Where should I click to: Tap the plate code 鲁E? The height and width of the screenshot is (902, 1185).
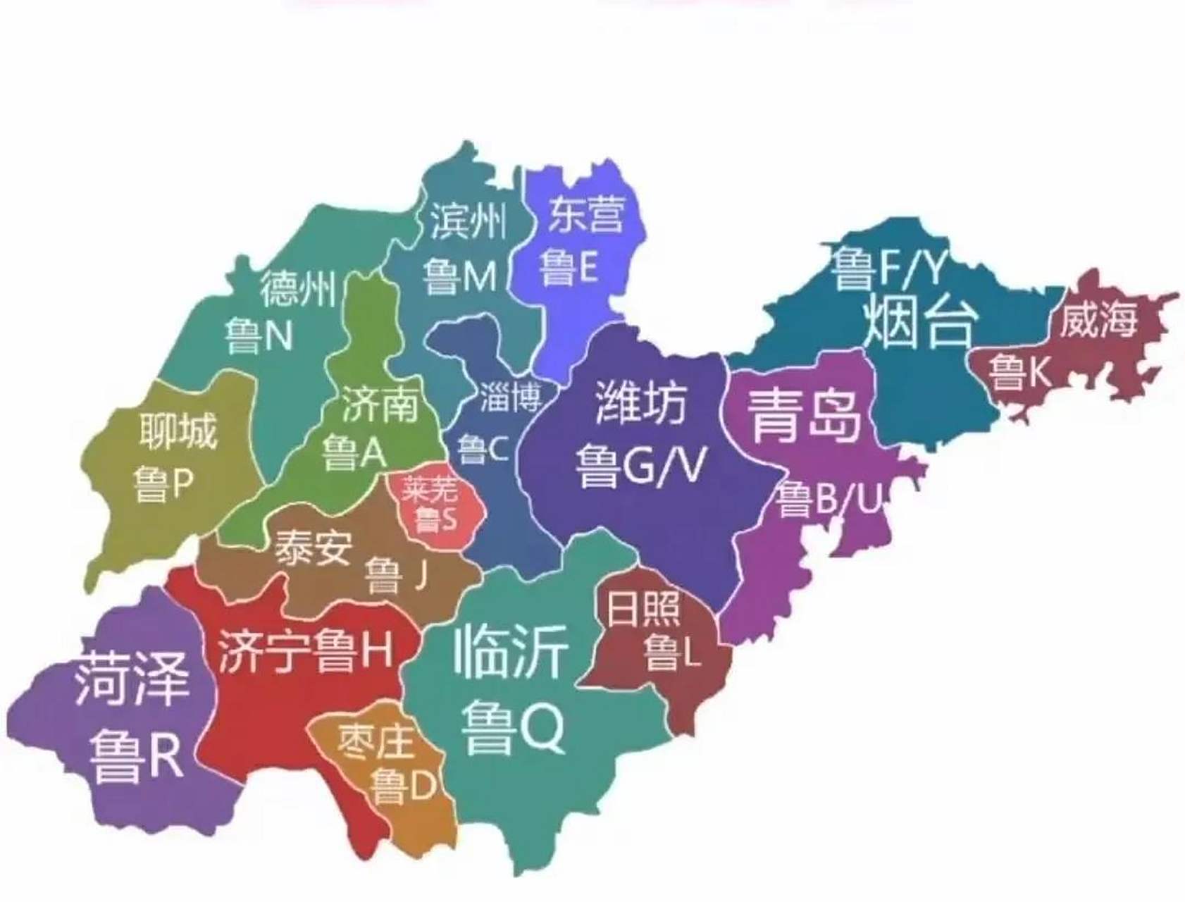pyautogui.click(x=569, y=268)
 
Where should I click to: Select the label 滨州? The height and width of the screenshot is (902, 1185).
pyautogui.click(x=468, y=221)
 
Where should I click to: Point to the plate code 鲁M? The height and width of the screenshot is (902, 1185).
pyautogui.click(x=460, y=276)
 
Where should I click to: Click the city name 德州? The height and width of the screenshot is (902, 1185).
pyautogui.click(x=298, y=288)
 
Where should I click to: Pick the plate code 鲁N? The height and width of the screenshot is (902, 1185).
pyautogui.click(x=259, y=337)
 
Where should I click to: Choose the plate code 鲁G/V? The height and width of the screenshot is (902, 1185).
pyautogui.click(x=639, y=466)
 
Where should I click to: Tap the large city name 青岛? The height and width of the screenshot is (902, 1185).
pyautogui.click(x=804, y=414)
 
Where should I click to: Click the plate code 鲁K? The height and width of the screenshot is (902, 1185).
pyautogui.click(x=1019, y=371)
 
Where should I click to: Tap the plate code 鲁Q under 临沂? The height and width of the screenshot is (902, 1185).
pyautogui.click(x=513, y=727)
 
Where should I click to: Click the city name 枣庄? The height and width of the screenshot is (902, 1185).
pyautogui.click(x=375, y=743)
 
